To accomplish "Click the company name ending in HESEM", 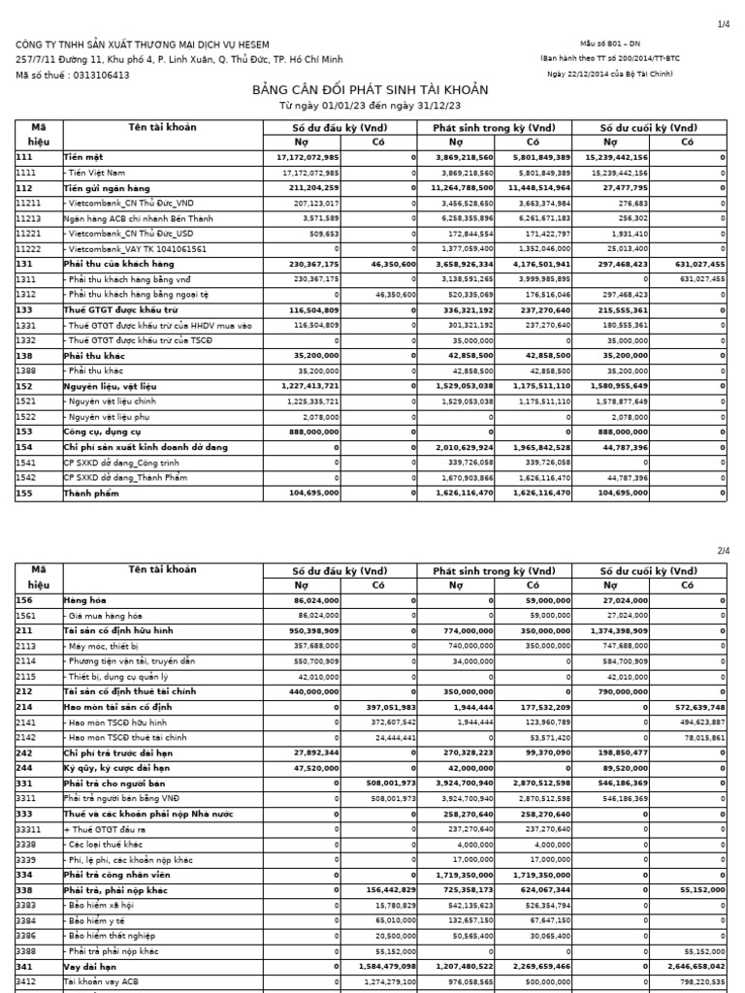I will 141,45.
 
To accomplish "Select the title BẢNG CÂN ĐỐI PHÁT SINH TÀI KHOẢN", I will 371,90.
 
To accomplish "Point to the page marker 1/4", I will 722,25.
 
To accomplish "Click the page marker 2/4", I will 722,551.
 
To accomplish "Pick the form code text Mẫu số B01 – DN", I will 610,45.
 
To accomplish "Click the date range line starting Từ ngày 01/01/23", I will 370,105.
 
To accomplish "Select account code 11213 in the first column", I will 28,218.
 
